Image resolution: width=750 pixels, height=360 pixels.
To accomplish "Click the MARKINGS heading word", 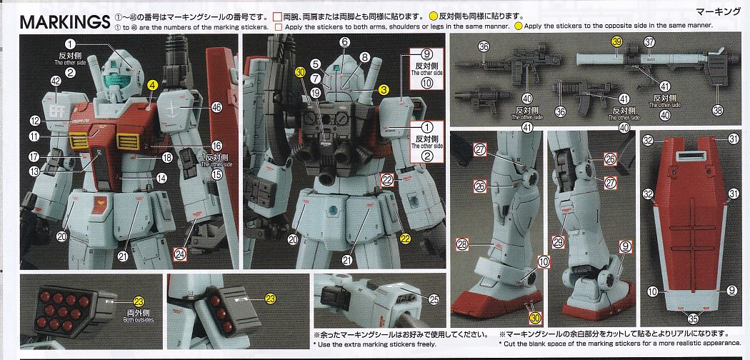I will click(x=64, y=22).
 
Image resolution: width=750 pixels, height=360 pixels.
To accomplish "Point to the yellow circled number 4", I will click(x=152, y=84).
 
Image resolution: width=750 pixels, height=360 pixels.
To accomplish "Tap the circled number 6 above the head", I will click(x=344, y=42).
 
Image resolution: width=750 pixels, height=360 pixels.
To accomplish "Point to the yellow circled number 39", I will click(x=616, y=42).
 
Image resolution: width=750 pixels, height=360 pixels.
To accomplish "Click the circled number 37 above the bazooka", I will click(x=649, y=42).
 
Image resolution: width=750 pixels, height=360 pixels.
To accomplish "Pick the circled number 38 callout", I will click(x=717, y=109).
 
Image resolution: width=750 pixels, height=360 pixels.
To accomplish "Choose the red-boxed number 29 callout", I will click(x=558, y=243).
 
